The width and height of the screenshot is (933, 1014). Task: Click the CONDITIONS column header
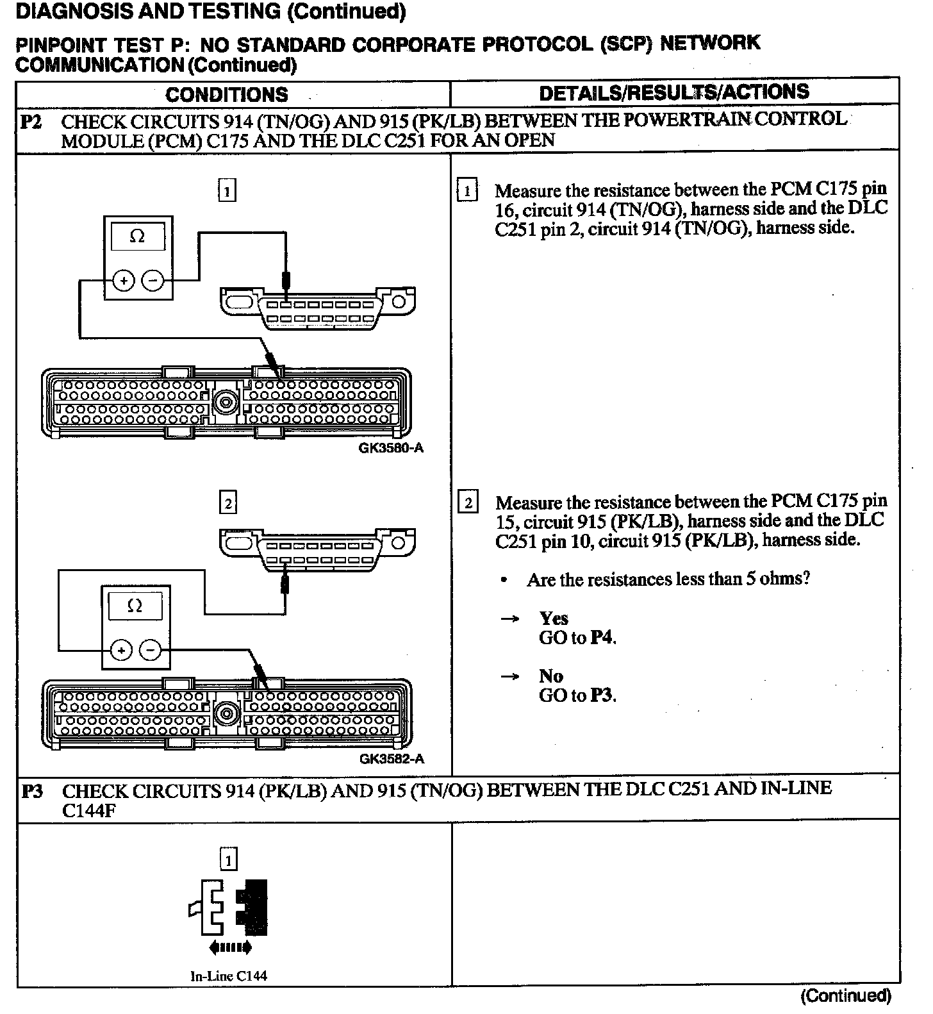pos(227,95)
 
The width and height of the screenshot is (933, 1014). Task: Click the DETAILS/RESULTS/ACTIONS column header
pos(673,93)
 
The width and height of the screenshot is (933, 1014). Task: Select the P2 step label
pos(31,122)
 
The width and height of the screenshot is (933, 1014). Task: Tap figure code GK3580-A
pos(391,448)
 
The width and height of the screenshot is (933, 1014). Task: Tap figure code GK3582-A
pos(391,759)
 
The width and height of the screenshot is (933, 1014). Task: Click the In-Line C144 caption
pos(229,976)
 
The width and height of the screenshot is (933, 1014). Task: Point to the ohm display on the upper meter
pos(137,237)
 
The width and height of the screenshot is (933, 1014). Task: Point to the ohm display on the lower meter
pos(135,606)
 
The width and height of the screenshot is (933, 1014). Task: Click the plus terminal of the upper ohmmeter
pos(123,281)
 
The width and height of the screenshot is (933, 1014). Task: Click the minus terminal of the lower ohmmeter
pos(151,651)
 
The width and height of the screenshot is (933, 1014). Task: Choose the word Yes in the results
pos(554,619)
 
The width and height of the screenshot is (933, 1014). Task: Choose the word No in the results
pos(550,676)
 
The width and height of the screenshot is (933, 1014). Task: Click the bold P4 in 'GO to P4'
pos(602,638)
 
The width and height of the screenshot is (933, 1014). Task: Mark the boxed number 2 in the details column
pos(468,503)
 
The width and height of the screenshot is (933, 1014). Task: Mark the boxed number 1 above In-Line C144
pos(228,859)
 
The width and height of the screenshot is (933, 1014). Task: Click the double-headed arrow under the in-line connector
pos(228,947)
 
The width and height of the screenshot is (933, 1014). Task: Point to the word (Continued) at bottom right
pos(845,995)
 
